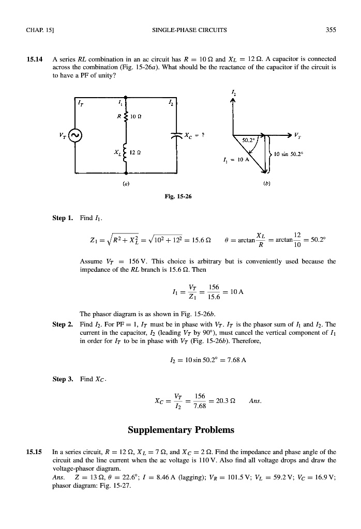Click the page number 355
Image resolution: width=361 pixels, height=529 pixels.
(330, 30)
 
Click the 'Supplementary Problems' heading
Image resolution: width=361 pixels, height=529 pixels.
(180, 429)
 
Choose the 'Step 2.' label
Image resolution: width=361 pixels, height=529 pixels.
(63, 324)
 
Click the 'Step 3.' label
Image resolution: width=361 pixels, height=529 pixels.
(63, 380)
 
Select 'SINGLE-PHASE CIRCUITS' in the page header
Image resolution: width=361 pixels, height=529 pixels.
(180, 30)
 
